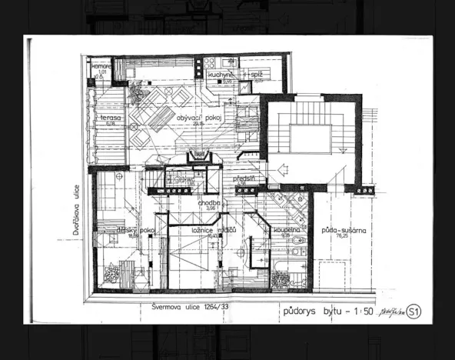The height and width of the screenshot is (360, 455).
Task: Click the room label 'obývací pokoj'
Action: point(195,118)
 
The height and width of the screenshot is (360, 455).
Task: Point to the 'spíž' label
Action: point(258,74)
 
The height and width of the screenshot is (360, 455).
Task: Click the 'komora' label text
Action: point(102,66)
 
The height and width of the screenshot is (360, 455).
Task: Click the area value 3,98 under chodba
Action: point(211,208)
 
